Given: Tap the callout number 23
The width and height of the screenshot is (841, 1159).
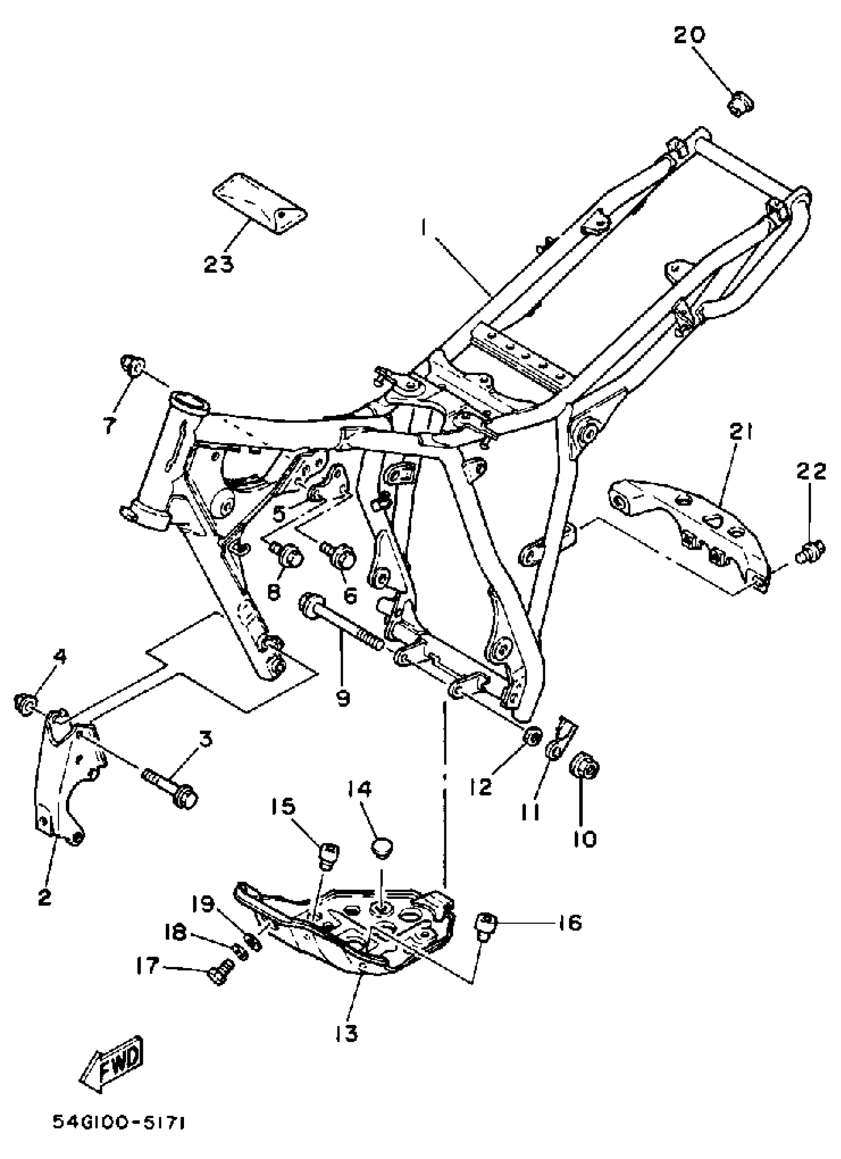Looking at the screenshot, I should pyautogui.click(x=219, y=264).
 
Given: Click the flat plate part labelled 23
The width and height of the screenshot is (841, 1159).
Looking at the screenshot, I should pyautogui.click(x=260, y=204).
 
